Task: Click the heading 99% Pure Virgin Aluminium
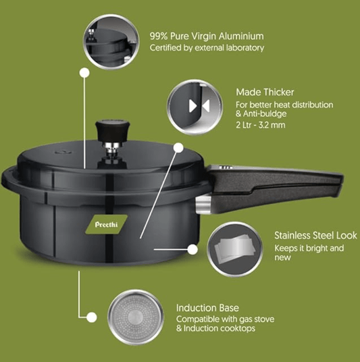click(206, 36)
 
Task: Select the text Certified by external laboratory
click(206, 48)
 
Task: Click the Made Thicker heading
click(265, 92)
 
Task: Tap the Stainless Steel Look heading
click(315, 236)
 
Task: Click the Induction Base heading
click(207, 307)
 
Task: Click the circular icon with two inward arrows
click(195, 106)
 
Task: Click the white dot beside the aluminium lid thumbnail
click(84, 72)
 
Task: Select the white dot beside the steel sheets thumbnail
click(192, 249)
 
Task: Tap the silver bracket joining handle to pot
click(201, 205)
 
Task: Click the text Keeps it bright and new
click(309, 254)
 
